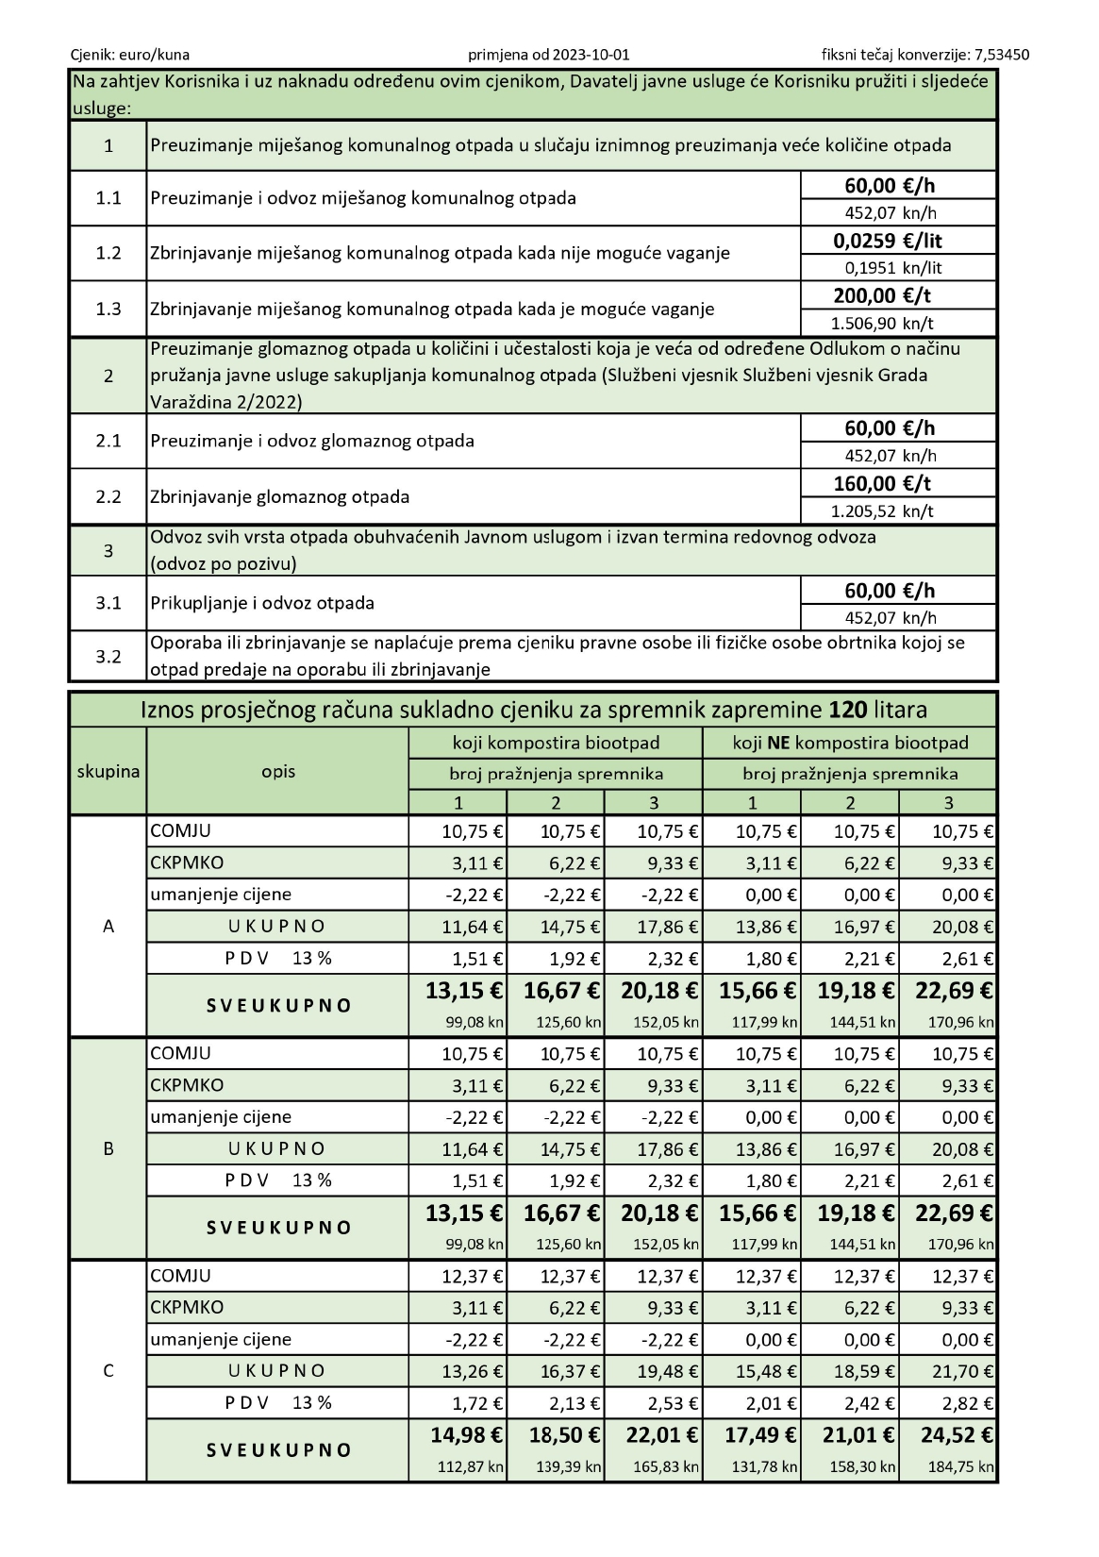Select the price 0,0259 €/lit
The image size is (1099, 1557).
point(888,241)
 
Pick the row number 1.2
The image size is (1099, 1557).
point(108,253)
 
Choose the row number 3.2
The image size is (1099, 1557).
point(108,656)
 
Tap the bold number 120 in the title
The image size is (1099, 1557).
point(847,710)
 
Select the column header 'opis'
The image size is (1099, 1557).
point(278,771)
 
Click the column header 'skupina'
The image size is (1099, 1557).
point(108,771)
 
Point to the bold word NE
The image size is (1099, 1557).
point(777,743)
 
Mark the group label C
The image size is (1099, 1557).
point(108,1370)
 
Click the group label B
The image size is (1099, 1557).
point(108,1148)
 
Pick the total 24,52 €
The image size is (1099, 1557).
point(954,1434)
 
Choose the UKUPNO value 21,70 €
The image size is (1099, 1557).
point(962,1370)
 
